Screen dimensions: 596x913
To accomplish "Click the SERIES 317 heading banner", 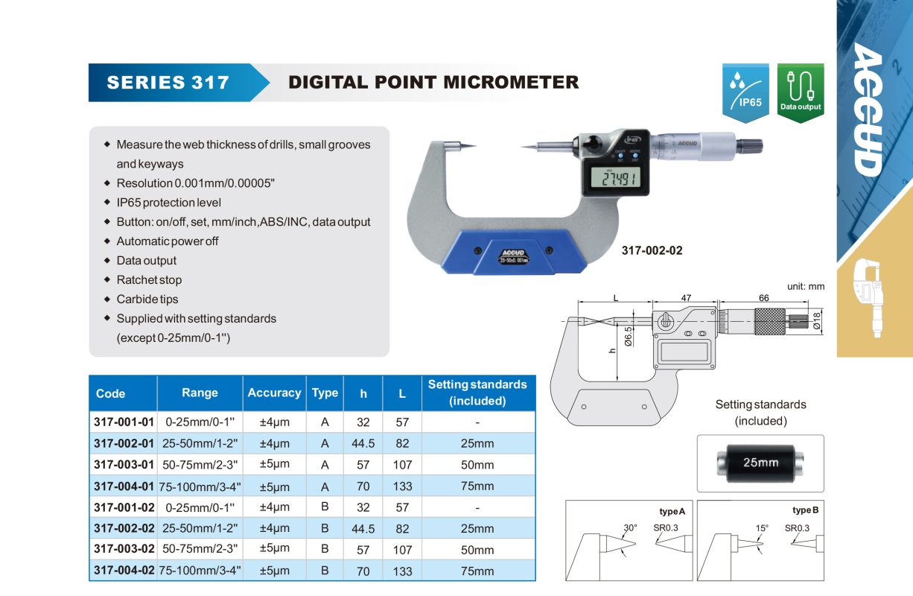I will pyautogui.click(x=168, y=82).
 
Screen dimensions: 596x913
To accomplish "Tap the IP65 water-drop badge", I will pyautogui.click(x=745, y=92).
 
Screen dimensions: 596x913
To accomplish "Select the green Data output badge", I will pyautogui.click(x=801, y=92).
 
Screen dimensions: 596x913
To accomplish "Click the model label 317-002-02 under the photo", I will pyautogui.click(x=652, y=251).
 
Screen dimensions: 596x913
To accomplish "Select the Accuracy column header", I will pyautogui.click(x=274, y=393).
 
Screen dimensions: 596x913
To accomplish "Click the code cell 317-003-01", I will pyautogui.click(x=124, y=464).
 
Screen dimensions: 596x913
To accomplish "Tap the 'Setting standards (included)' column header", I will pyautogui.click(x=477, y=393).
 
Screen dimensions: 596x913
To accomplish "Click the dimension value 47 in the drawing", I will pyautogui.click(x=685, y=298).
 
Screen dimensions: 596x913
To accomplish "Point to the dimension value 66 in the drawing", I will pyautogui.click(x=763, y=298).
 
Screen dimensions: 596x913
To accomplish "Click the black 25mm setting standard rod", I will pyautogui.click(x=760, y=462).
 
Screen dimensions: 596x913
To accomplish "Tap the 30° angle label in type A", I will pyautogui.click(x=631, y=528).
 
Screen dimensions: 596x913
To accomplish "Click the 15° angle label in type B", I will pyautogui.click(x=762, y=528).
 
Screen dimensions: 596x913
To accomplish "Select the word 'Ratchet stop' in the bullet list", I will pyautogui.click(x=149, y=280).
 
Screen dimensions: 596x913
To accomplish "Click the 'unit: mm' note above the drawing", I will pyautogui.click(x=806, y=286).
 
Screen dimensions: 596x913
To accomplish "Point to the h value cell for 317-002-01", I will pyautogui.click(x=363, y=443).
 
